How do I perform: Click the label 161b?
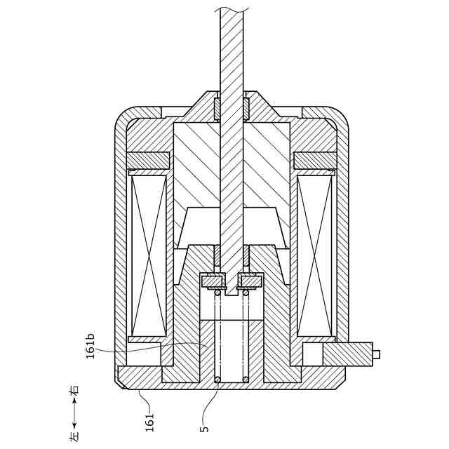pyautogui.click(x=91, y=346)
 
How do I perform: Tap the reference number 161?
pyautogui.click(x=149, y=422)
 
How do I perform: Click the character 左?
pyautogui.click(x=74, y=436)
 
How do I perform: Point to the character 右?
pyautogui.click(x=74, y=390)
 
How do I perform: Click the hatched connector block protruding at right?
pyautogui.click(x=348, y=354)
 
